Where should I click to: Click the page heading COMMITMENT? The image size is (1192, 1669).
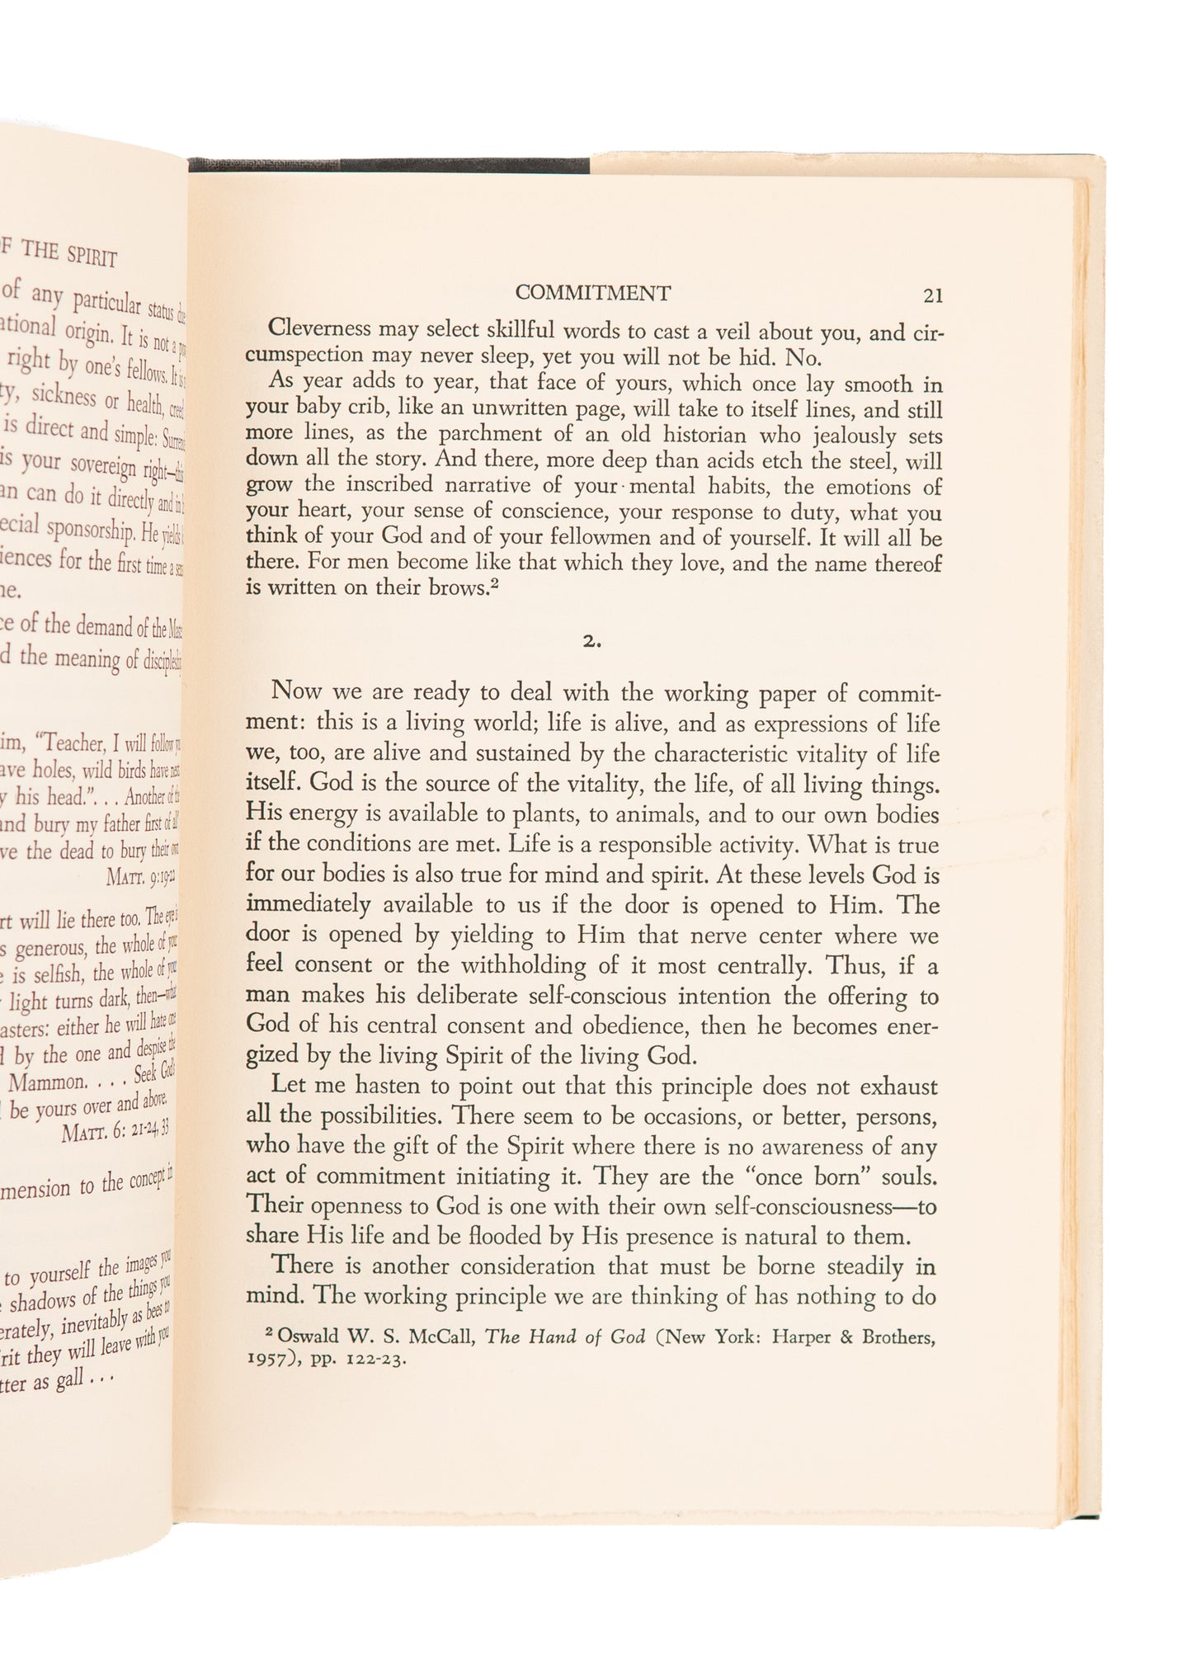click(x=592, y=293)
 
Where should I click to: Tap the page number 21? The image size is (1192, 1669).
click(x=933, y=295)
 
